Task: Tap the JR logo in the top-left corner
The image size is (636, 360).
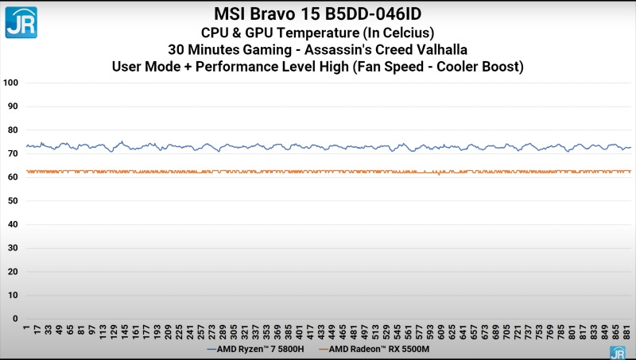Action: (21, 21)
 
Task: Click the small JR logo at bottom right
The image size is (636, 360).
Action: (617, 352)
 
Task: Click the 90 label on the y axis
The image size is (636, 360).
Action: (12, 106)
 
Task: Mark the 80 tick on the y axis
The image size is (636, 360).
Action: (12, 130)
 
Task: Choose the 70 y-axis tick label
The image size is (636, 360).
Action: (12, 153)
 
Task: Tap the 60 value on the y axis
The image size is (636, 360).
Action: (12, 177)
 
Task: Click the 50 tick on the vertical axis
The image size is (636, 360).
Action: (12, 201)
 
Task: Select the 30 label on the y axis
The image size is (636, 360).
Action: (12, 248)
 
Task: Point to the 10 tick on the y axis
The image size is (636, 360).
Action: (12, 296)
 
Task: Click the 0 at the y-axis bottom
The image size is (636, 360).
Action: (14, 319)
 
